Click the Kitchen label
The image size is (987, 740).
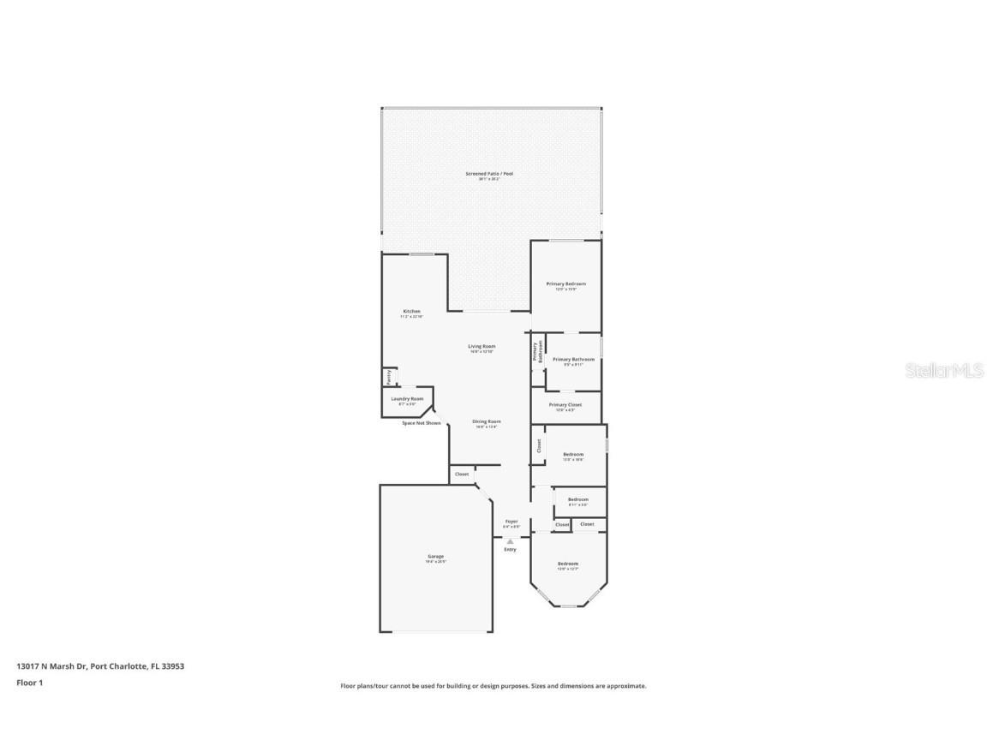click(x=412, y=312)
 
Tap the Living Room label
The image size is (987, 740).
click(x=482, y=347)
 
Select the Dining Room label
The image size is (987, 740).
click(x=487, y=422)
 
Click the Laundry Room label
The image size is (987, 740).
click(x=407, y=399)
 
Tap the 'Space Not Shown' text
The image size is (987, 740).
click(x=422, y=423)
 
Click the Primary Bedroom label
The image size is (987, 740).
click(x=566, y=284)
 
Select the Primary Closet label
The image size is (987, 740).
click(x=565, y=405)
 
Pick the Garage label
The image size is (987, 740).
click(x=435, y=558)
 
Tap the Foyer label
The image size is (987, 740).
click(x=511, y=522)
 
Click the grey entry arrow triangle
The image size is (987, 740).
click(x=510, y=541)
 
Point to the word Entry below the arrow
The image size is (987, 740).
click(x=510, y=550)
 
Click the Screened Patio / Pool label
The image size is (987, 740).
click(x=489, y=175)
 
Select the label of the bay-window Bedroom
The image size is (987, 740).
click(x=568, y=564)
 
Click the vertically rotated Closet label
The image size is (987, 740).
click(x=539, y=445)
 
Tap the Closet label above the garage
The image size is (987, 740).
click(x=462, y=474)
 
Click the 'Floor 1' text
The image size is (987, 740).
click(x=29, y=683)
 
